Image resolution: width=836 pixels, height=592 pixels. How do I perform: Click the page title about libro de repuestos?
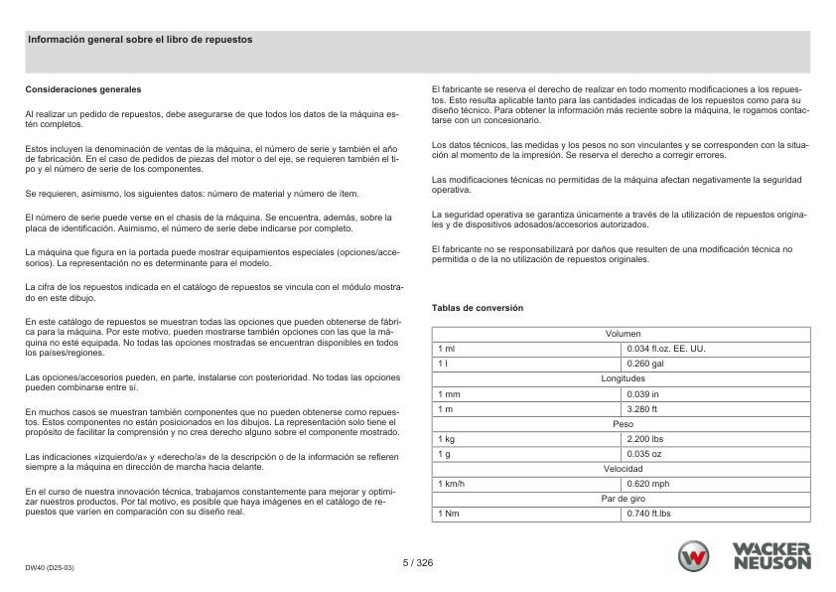click(140, 40)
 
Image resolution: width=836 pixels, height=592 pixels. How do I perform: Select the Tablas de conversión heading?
click(477, 308)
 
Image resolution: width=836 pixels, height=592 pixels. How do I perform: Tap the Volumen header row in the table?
click(623, 334)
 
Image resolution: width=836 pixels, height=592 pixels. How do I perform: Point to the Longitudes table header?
click(623, 379)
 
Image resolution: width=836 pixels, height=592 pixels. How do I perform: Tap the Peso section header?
click(623, 424)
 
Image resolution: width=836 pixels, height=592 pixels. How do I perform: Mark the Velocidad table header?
click(623, 469)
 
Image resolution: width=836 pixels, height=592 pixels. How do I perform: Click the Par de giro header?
click(623, 499)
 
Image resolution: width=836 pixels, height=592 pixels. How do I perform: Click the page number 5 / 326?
click(418, 562)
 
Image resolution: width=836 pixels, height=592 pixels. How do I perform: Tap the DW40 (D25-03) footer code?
click(50, 567)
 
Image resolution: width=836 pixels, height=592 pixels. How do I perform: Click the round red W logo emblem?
click(696, 556)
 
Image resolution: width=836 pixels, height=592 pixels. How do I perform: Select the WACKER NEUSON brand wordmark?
click(771, 556)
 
